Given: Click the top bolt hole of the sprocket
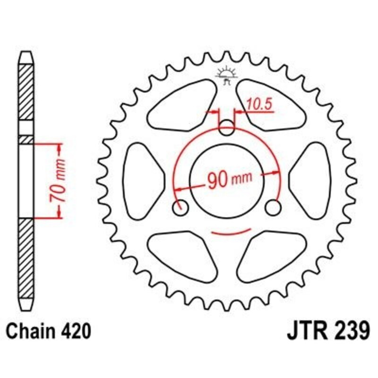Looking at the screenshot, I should pos(227,126).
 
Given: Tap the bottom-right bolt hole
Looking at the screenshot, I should pos(273,206).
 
